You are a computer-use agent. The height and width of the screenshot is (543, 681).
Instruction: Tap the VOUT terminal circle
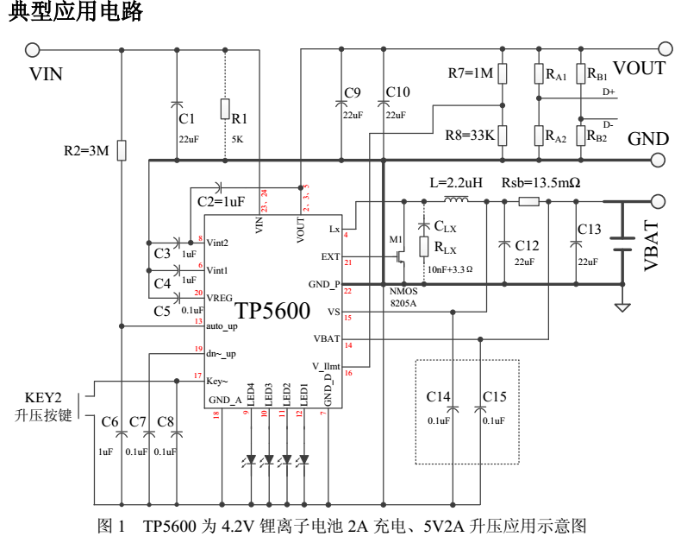point(665,49)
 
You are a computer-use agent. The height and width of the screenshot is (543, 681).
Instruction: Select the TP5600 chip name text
point(272,312)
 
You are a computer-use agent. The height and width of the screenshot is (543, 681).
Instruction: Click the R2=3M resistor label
point(87,150)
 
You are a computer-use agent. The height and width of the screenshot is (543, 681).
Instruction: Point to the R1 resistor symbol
point(225,109)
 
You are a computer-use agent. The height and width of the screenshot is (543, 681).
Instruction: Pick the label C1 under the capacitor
point(186,118)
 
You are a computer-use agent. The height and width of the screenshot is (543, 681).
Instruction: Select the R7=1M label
point(472,73)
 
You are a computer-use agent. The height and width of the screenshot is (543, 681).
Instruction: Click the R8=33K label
point(469,136)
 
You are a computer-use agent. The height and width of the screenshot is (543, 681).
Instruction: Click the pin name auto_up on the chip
point(222,325)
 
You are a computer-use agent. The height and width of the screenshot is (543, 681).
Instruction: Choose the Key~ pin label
point(217,380)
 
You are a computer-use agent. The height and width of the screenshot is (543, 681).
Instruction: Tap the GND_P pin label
point(324,284)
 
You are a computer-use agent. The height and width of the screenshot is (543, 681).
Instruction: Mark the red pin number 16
point(347,374)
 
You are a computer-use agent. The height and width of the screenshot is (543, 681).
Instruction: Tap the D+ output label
point(609,92)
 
